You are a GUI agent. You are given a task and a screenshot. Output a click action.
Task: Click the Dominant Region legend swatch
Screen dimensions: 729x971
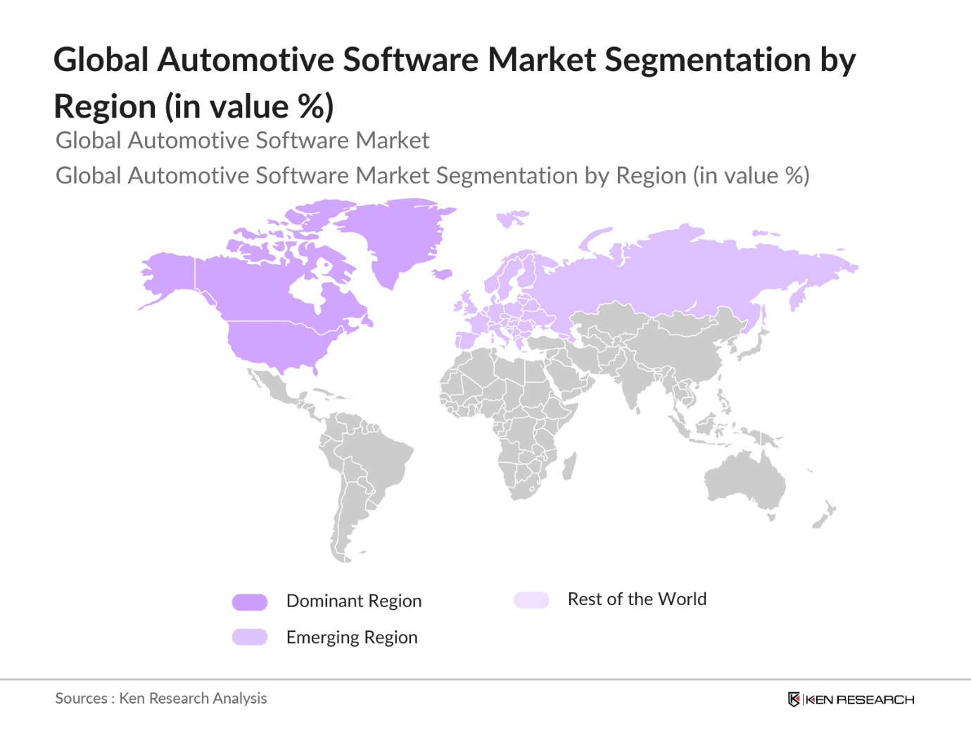point(250,602)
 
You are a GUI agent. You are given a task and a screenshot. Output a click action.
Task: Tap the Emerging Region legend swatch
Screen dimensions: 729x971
point(250,637)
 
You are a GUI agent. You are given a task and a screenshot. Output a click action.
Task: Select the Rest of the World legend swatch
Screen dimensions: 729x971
point(531,600)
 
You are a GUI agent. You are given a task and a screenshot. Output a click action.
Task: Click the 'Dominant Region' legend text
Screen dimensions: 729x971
point(354,601)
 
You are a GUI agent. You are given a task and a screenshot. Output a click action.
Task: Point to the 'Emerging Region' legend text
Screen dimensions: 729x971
point(352,637)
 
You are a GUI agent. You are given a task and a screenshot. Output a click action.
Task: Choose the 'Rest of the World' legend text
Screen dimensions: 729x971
point(637,599)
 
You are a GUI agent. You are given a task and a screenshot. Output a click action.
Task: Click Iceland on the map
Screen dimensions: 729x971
point(442,274)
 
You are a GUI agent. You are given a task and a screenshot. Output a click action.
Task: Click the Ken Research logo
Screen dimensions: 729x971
point(851,699)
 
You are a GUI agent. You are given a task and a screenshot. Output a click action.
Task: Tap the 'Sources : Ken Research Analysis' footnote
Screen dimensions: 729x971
point(161,698)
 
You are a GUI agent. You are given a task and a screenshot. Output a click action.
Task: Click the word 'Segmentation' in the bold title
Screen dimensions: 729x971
point(707,60)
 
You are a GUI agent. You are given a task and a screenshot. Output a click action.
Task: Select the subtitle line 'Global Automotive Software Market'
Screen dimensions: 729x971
point(242,140)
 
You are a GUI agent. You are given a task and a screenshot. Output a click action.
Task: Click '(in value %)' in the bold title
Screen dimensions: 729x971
point(249,107)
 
